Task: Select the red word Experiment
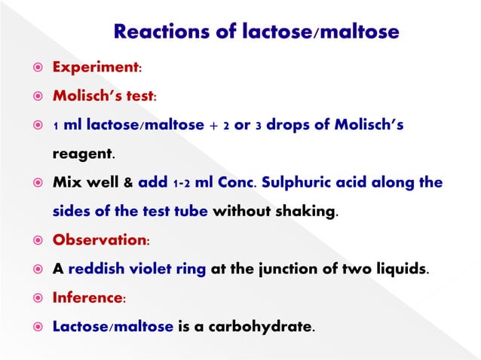pos(95,68)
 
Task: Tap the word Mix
pos(66,183)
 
